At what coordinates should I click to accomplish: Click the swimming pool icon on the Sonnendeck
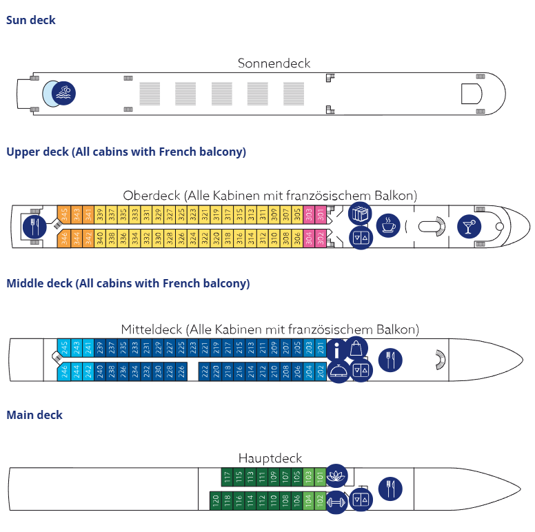pos(64,93)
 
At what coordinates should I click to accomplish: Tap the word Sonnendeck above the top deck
pos(274,63)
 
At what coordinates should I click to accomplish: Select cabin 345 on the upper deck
pos(63,215)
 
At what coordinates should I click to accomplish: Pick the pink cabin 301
pos(321,215)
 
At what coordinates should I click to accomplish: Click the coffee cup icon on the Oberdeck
pos(387,225)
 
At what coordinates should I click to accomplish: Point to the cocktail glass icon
pos(469,225)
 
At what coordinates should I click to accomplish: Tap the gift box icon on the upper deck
pos(360,214)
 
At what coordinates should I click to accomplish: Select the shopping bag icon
pos(357,348)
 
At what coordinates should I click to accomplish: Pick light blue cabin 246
pos(63,372)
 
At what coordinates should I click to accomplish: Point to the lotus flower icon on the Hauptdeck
pos(336,475)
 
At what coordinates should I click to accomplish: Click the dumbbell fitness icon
pos(336,500)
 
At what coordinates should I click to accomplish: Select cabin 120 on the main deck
pos(215,500)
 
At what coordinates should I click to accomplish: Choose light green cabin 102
pos(320,500)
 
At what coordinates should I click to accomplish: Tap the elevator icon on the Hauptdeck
pos(361,499)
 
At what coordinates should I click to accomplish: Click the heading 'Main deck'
pos(34,415)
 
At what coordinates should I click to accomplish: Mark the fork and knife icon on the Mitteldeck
pos(390,360)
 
